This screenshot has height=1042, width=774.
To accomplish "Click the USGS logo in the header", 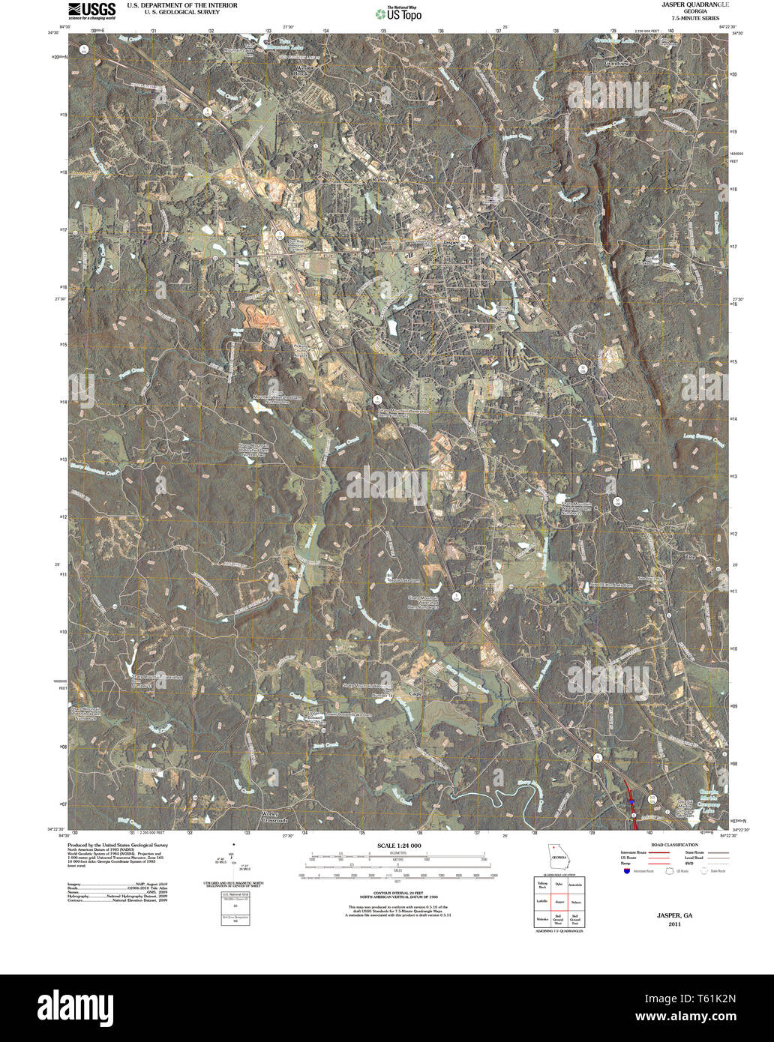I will pos(91,10).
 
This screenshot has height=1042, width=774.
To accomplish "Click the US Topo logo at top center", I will pos(398,13).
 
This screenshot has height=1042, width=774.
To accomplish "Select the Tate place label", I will pos(690,557).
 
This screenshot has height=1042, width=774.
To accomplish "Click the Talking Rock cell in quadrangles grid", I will pos(542,885).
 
